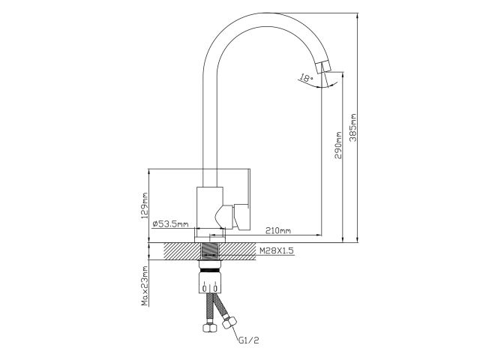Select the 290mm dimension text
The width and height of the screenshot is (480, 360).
coord(339,143)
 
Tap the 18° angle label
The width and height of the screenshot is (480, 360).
coord(304,77)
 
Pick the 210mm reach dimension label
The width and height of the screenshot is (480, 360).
coord(278,229)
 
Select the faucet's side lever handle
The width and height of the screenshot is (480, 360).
coord(241,217)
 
